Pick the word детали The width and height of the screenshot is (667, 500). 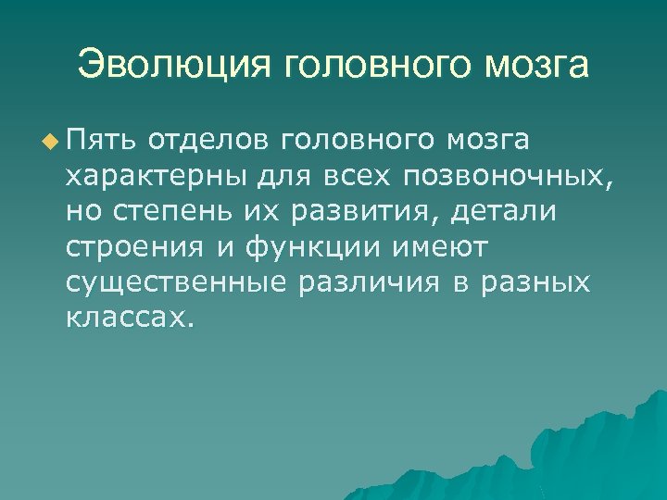tap(503, 212)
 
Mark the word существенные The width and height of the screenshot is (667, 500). tap(176, 282)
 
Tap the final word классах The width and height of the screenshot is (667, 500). tap(130, 318)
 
